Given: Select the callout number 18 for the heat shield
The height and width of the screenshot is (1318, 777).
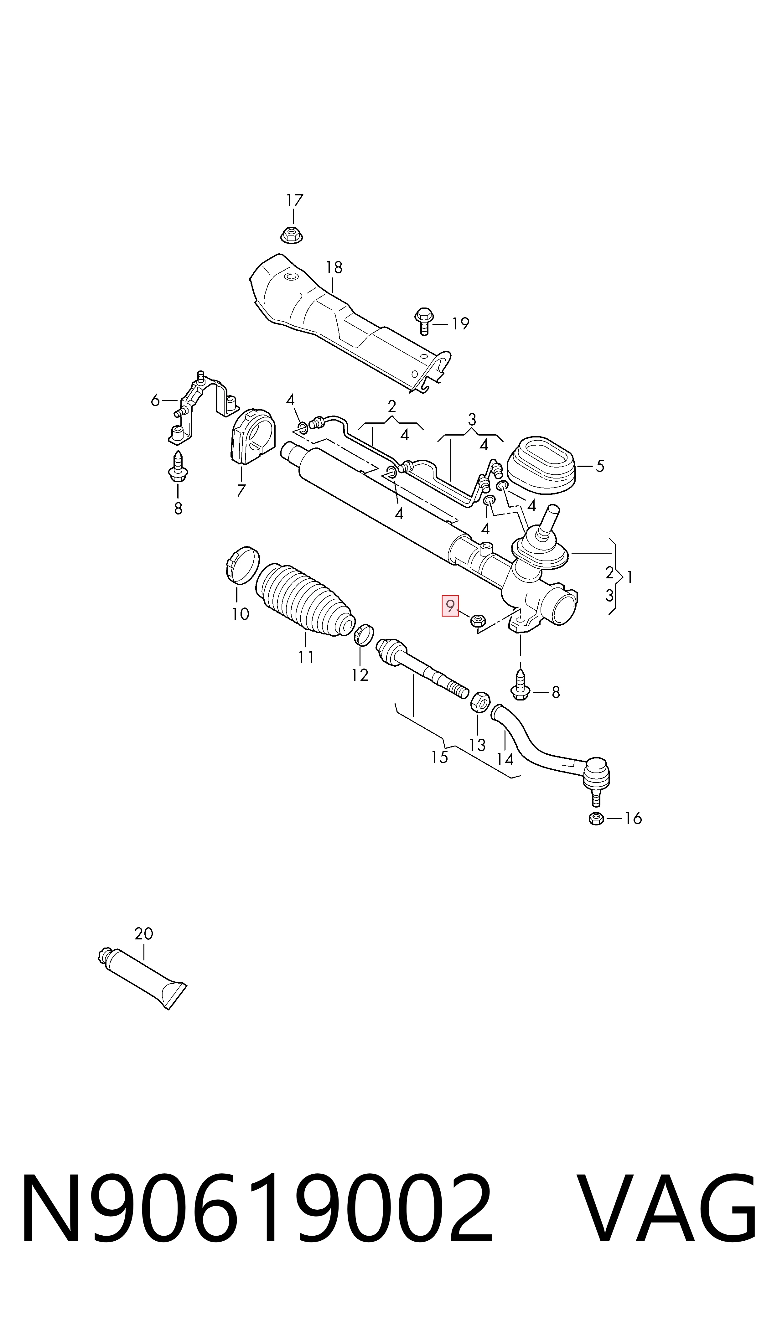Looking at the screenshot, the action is click(334, 267).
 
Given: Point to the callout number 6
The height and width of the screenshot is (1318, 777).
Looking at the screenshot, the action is click(155, 401).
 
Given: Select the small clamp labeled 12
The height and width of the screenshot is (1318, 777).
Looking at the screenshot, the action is click(364, 635).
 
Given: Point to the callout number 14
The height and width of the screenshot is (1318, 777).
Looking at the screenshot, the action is click(505, 759).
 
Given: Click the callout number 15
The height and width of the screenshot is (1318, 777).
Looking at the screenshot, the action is click(439, 757).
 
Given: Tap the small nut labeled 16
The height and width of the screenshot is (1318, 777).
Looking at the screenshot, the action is click(596, 819).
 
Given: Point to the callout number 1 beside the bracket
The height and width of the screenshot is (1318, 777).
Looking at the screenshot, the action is click(629, 577).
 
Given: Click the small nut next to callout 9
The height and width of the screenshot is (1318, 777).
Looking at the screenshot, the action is click(478, 621).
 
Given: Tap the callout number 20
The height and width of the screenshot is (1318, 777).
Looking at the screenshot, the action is click(143, 933).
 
